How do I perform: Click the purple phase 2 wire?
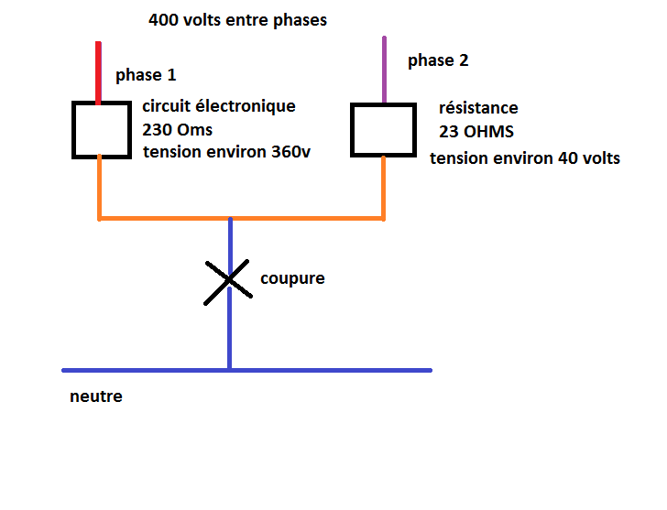[x=384, y=70]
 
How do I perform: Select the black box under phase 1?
[x=101, y=129]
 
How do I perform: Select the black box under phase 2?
[x=384, y=128]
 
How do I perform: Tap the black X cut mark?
[x=228, y=280]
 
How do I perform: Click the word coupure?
[x=292, y=277]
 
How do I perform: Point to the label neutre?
[x=95, y=397]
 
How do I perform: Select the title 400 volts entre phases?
[x=237, y=19]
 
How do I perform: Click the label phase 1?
[x=146, y=74]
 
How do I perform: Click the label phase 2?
[x=438, y=60]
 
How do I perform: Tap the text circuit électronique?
[x=218, y=106]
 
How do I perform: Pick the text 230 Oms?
[x=177, y=129]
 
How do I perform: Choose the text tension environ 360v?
[x=226, y=152]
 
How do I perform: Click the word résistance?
[x=477, y=108]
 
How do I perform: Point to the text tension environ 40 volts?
[x=524, y=158]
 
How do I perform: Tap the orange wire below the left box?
[x=99, y=187]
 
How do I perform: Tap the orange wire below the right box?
[x=383, y=187]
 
